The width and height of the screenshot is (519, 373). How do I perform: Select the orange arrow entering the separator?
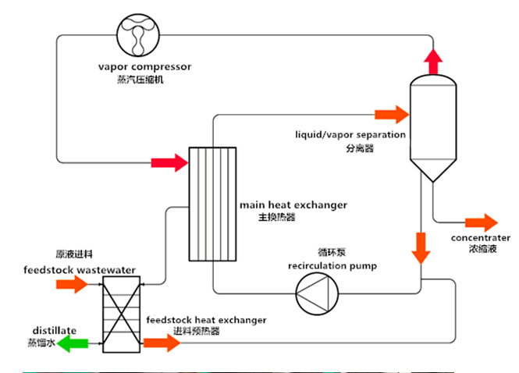coord(392,115)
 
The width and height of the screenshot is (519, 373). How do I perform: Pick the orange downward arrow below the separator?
coord(421,247)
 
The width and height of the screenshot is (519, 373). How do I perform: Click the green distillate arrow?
coord(76,343)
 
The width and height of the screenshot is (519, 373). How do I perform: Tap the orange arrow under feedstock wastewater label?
coord(73,285)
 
